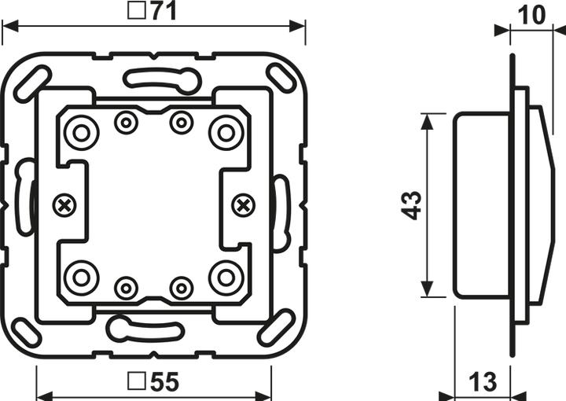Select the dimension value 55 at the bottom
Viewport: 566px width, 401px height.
pyautogui.click(x=164, y=383)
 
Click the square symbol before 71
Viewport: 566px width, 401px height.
pyautogui.click(x=135, y=13)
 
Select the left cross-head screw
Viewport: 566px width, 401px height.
pyautogui.click(x=64, y=206)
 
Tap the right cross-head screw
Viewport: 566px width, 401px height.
pyautogui.click(x=244, y=206)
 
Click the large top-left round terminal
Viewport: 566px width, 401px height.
pyautogui.click(x=80, y=132)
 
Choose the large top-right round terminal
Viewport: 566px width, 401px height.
pyautogui.click(x=226, y=132)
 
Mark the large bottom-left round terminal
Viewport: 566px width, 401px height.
pyautogui.click(x=80, y=278)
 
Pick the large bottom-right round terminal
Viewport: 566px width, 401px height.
pyautogui.click(x=226, y=278)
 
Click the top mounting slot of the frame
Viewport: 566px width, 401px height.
pyautogui.click(x=160, y=79)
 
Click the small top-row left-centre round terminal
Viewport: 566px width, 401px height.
pyautogui.click(x=125, y=122)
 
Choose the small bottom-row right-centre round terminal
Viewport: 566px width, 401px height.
pyautogui.click(x=182, y=288)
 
